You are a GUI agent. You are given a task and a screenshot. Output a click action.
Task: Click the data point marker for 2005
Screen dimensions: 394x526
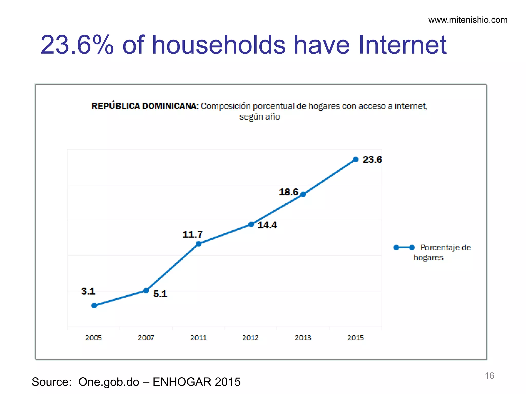pos(94,306)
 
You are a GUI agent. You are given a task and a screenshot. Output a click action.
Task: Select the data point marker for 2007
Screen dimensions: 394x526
pos(146,290)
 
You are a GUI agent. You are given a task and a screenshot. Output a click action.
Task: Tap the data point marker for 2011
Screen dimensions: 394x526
pos(199,244)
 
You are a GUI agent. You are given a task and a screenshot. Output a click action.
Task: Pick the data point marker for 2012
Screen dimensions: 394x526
pos(251,224)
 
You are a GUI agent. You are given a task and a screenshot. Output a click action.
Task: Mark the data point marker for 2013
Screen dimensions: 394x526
pos(303,194)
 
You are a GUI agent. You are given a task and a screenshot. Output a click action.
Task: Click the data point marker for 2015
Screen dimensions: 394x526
pos(356,160)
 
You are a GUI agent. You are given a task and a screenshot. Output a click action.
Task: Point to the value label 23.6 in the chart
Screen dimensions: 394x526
pos(372,160)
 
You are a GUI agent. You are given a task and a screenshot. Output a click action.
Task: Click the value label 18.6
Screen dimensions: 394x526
pos(288,192)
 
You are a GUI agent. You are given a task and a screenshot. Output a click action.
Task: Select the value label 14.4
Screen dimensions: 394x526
pos(267,225)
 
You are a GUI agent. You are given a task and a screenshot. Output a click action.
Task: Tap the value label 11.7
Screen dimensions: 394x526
pos(192,234)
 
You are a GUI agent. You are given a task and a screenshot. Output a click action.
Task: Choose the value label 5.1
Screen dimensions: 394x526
pos(160,294)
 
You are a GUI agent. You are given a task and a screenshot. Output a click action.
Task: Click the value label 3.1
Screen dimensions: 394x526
pos(88,291)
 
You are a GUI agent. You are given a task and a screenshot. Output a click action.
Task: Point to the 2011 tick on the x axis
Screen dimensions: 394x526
pos(198,338)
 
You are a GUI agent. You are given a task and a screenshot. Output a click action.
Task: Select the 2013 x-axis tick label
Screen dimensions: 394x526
pos(303,338)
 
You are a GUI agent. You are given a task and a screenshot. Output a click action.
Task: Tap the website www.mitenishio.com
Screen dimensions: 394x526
pos(468,20)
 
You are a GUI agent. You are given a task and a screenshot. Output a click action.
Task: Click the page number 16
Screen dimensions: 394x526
pos(489,376)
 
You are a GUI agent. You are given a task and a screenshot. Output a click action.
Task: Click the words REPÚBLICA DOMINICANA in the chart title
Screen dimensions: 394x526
pos(145,106)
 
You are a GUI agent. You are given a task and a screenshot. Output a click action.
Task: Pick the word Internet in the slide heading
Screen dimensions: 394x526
pos(402,45)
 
